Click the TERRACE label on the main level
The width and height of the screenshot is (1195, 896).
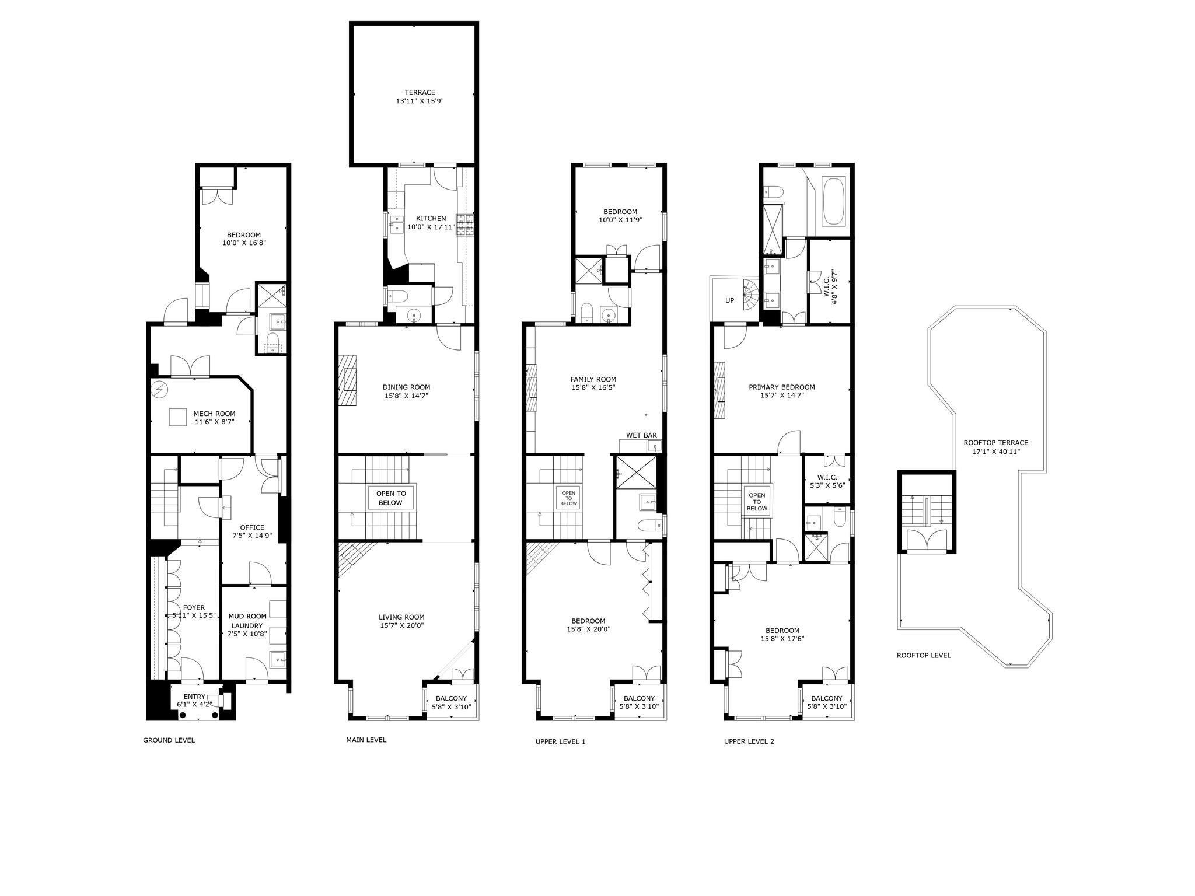(x=420, y=92)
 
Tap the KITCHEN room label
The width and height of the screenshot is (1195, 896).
(x=431, y=219)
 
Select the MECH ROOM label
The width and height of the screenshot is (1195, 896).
(x=215, y=414)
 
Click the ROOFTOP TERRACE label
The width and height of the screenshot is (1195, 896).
(x=996, y=443)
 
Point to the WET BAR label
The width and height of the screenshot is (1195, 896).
(x=641, y=435)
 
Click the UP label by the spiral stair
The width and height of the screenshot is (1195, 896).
(x=729, y=300)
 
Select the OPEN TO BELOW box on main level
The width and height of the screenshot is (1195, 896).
(x=390, y=498)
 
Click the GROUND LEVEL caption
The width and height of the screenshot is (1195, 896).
(x=169, y=740)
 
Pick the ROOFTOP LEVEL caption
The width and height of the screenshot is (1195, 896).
(x=924, y=655)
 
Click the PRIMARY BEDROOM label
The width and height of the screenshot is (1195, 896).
(x=782, y=387)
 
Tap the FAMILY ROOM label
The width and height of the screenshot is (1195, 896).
(x=593, y=379)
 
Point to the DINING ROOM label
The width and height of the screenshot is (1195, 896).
(x=406, y=387)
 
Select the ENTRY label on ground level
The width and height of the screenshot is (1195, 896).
(x=194, y=696)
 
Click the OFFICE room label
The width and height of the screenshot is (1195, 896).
(x=252, y=527)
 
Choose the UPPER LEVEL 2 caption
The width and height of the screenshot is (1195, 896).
(x=749, y=741)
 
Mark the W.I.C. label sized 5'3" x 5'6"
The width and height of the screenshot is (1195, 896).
(x=827, y=477)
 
